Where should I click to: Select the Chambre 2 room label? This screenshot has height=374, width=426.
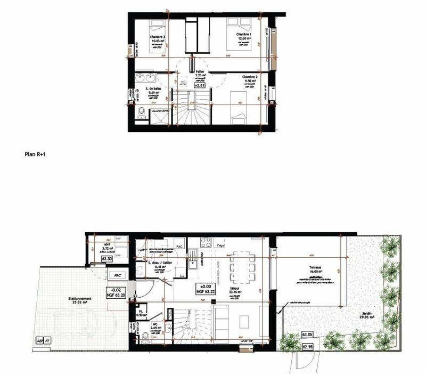click(x=249, y=77)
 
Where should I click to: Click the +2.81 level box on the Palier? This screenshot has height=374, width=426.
click(x=200, y=84)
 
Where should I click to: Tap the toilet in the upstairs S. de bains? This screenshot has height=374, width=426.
click(x=141, y=113)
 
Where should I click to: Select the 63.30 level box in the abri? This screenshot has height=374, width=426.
click(x=106, y=259)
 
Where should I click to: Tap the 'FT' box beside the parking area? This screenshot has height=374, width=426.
click(x=48, y=340)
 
